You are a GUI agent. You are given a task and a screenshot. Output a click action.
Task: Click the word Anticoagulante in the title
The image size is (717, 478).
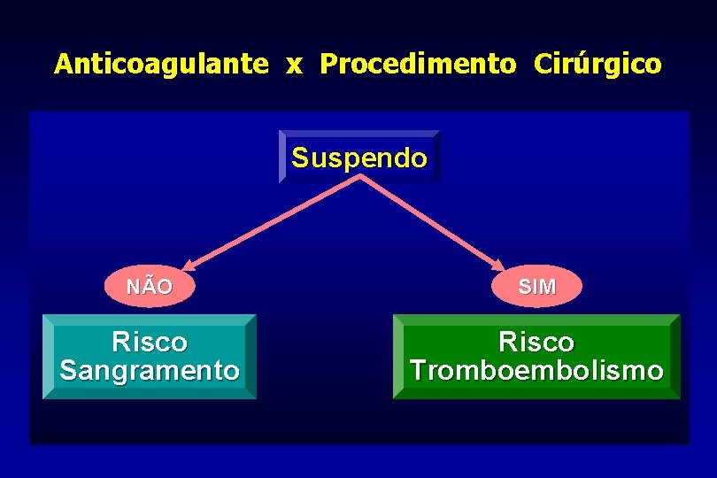[160, 65]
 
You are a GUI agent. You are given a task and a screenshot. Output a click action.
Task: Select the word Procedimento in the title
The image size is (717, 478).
[418, 65]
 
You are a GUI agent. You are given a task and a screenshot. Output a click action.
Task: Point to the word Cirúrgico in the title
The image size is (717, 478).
[597, 65]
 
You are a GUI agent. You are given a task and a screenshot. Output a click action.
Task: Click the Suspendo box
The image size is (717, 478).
[359, 158]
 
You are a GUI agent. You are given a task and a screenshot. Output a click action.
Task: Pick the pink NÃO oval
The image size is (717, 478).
[149, 286]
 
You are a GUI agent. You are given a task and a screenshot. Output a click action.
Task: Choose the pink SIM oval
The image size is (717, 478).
[537, 286]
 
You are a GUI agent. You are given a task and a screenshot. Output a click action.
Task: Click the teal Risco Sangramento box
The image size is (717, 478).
[150, 356]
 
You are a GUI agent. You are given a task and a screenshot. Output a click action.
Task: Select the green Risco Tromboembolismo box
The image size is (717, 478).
[536, 356]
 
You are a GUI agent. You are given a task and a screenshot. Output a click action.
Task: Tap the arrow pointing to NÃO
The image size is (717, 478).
[270, 221]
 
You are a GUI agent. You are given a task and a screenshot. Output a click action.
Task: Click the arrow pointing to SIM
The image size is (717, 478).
[434, 221]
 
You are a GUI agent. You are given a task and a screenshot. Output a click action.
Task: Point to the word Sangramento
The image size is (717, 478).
[150, 370]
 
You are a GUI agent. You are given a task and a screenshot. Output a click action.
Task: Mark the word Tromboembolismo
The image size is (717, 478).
[536, 370]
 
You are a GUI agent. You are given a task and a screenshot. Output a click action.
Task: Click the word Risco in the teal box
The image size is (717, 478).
[150, 342]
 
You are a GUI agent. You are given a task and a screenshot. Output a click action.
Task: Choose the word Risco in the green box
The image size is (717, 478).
[536, 342]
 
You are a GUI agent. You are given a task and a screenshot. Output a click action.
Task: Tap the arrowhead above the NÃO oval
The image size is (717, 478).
[189, 264]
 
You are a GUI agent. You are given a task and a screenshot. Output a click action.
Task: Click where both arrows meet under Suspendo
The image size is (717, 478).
[359, 176]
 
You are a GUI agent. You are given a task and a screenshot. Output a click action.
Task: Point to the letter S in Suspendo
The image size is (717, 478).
[300, 158]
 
